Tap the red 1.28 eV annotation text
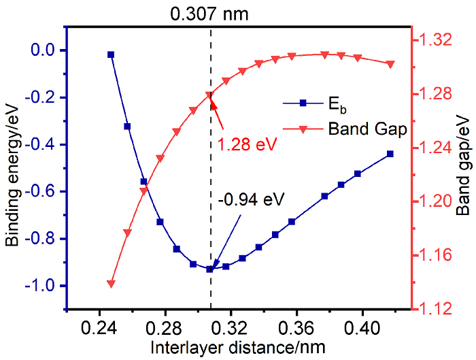243,144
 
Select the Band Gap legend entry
367,127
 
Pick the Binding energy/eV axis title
13,178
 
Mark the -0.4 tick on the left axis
46,144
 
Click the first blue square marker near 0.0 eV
111,54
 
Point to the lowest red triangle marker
111,284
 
